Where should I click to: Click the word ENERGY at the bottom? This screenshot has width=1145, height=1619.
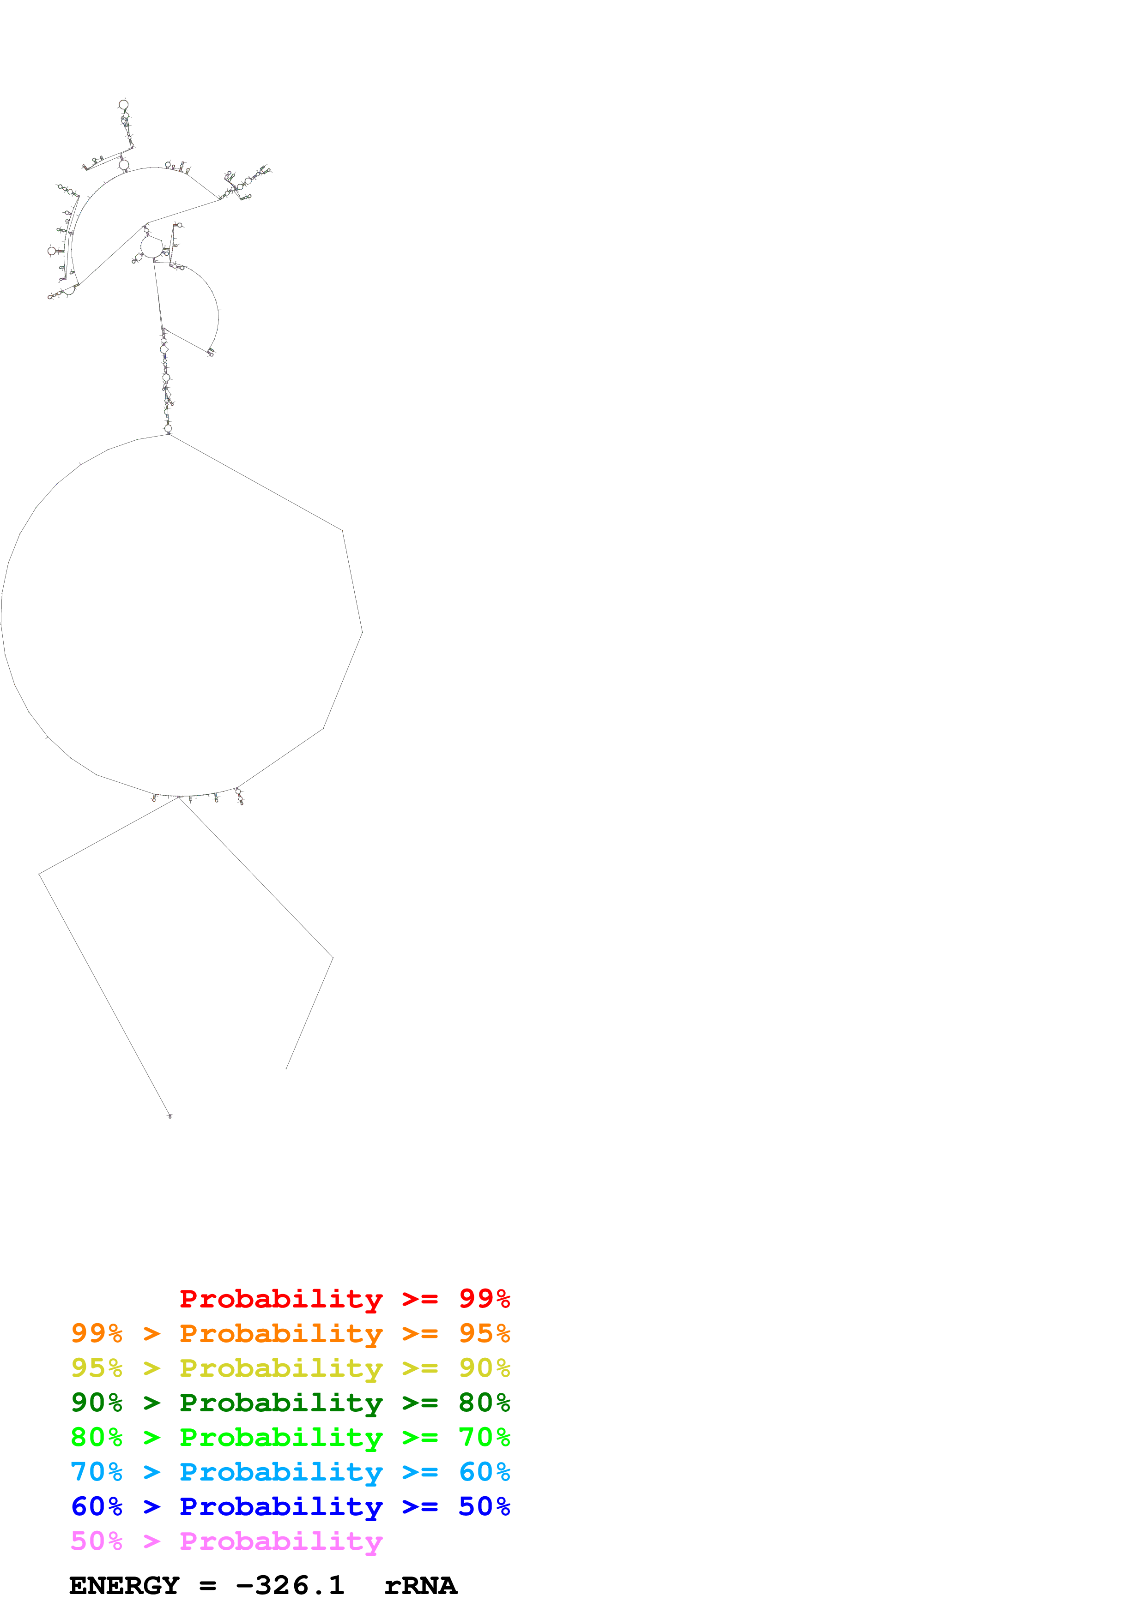124,1586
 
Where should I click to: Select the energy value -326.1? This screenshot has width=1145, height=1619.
290,1586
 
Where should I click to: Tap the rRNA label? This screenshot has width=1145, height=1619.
420,1586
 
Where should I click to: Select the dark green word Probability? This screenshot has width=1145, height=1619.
281,1403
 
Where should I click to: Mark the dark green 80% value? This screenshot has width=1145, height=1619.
484,1403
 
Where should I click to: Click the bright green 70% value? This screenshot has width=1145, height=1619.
484,1437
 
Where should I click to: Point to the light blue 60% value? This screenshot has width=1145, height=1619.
484,1472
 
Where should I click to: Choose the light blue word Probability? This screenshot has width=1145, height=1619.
281,1472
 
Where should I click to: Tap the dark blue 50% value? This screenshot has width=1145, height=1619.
484,1506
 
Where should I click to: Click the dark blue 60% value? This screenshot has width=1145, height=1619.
97,1506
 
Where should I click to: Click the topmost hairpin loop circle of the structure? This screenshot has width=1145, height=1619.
123,104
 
